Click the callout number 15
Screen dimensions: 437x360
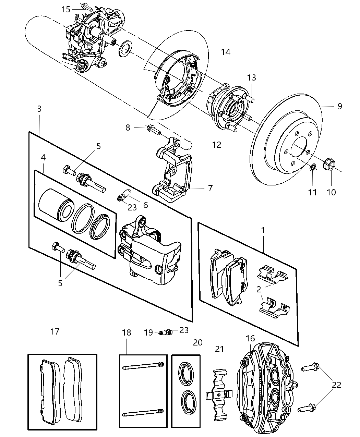click(x=66, y=9)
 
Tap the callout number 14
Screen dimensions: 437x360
click(x=225, y=52)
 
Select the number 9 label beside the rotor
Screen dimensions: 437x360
click(x=339, y=106)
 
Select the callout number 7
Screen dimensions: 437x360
click(x=210, y=188)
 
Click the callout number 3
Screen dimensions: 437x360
click(x=39, y=109)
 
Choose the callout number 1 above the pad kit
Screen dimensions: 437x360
click(x=263, y=230)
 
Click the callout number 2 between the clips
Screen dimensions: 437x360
click(x=259, y=290)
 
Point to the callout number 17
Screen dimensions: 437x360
click(x=55, y=331)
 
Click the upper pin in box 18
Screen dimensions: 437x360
click(x=143, y=366)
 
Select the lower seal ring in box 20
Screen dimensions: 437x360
click(x=186, y=398)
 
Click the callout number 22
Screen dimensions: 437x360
click(x=337, y=385)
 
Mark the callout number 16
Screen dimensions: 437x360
click(x=250, y=338)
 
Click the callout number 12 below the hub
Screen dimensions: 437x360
click(x=217, y=144)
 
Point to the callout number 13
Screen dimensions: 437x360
click(x=251, y=77)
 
